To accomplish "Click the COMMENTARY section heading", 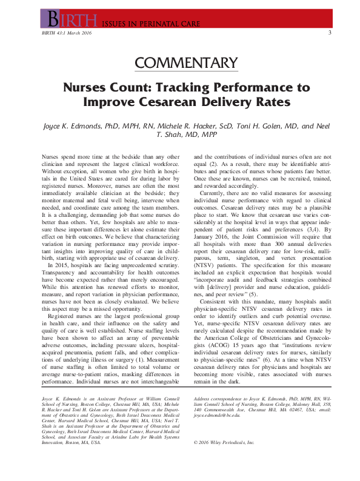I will coord(185,62).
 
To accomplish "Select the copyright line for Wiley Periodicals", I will coord(224,442).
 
